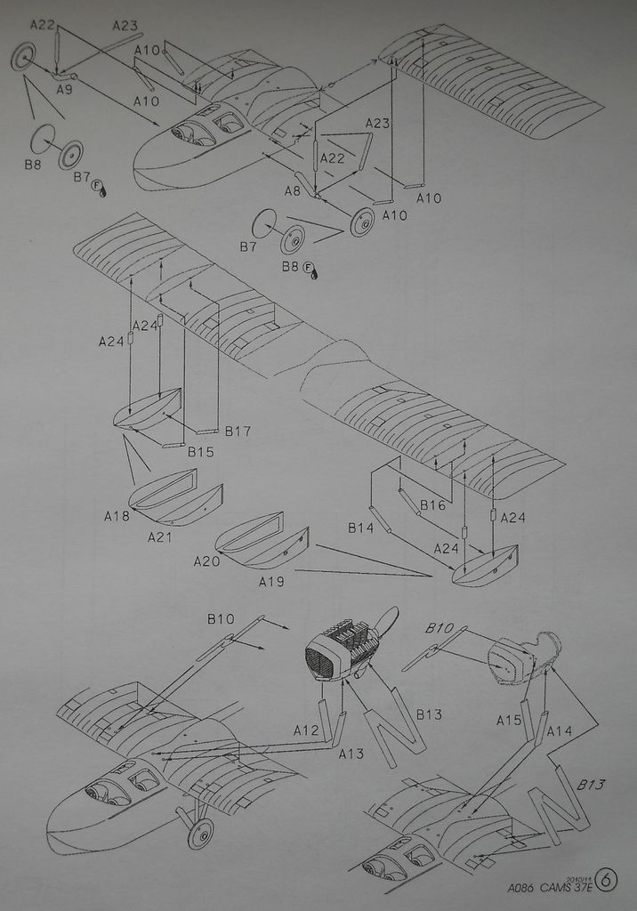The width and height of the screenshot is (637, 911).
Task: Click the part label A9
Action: point(64,89)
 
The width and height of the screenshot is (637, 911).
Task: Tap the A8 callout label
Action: point(293,190)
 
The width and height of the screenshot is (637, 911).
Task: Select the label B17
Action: point(238,431)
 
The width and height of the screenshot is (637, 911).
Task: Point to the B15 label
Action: point(200,452)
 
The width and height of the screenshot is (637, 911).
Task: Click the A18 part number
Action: point(117,516)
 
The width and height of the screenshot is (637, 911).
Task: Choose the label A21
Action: point(160,537)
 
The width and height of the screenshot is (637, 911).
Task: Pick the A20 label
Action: point(206,561)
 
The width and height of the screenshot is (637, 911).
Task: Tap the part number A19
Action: point(271,582)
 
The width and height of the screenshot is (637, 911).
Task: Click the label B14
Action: point(360,528)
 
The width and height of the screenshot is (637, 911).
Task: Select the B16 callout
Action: point(432,505)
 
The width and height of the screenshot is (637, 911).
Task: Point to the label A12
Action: point(306,730)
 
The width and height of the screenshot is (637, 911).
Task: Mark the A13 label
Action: point(351,754)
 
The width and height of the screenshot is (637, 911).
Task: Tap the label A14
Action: point(559,730)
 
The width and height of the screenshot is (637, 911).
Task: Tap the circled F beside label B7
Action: point(98,183)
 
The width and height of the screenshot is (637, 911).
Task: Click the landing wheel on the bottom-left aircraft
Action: point(201,833)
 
